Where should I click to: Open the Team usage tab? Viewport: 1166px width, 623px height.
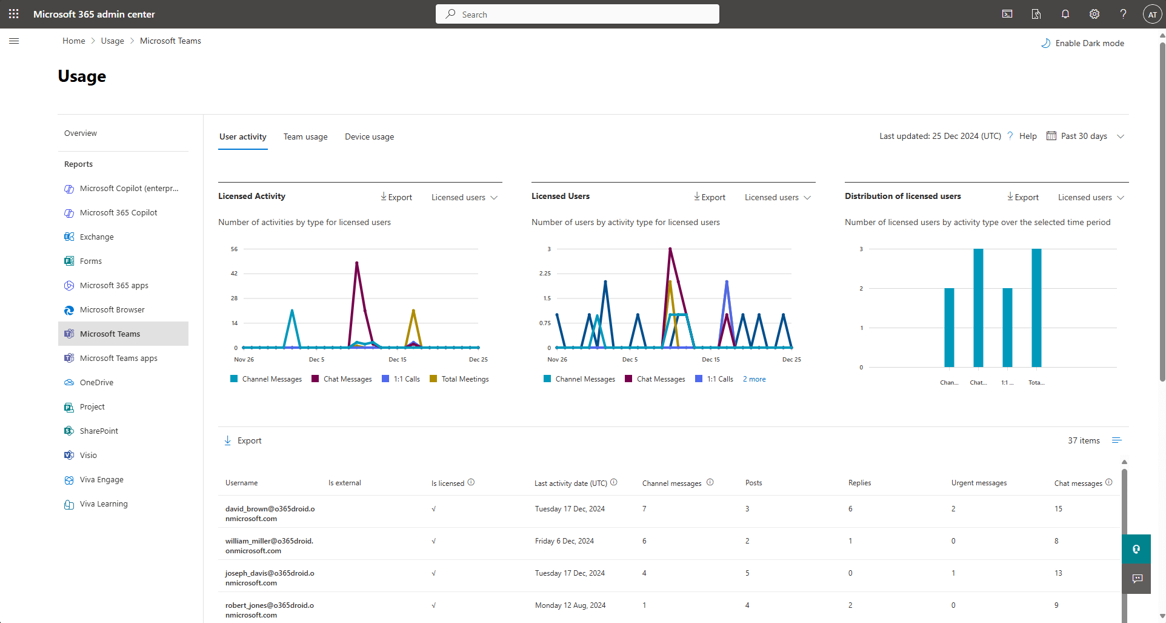coord(305,136)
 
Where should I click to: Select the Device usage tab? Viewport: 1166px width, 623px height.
coord(369,136)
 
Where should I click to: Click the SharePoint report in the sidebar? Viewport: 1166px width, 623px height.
coord(99,431)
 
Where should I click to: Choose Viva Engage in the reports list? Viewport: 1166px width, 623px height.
coord(101,479)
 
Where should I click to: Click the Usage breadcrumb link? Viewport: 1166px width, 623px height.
coord(112,41)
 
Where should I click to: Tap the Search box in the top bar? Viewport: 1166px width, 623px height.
coord(577,14)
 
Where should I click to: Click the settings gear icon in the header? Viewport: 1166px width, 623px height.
coord(1094,14)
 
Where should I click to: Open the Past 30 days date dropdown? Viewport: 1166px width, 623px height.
coord(1085,136)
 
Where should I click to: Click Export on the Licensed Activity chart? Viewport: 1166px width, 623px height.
coord(396,197)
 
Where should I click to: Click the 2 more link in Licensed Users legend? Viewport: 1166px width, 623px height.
coord(754,379)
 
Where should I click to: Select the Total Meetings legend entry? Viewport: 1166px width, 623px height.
coord(464,379)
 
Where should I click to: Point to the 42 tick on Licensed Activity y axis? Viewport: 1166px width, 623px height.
coord(235,274)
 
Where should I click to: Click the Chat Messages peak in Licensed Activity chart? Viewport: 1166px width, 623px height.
coord(357,263)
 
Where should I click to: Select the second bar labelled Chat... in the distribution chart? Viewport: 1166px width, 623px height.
coord(978,308)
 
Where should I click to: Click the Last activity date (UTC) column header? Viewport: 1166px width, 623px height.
coord(570,483)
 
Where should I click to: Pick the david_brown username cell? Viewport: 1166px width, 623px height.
coord(270,513)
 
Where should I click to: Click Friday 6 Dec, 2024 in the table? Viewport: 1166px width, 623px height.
coord(564,541)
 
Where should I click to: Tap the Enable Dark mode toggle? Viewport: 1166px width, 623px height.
coord(1083,43)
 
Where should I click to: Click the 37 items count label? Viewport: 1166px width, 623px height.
coord(1083,440)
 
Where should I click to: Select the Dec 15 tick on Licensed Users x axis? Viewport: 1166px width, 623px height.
coord(711,360)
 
